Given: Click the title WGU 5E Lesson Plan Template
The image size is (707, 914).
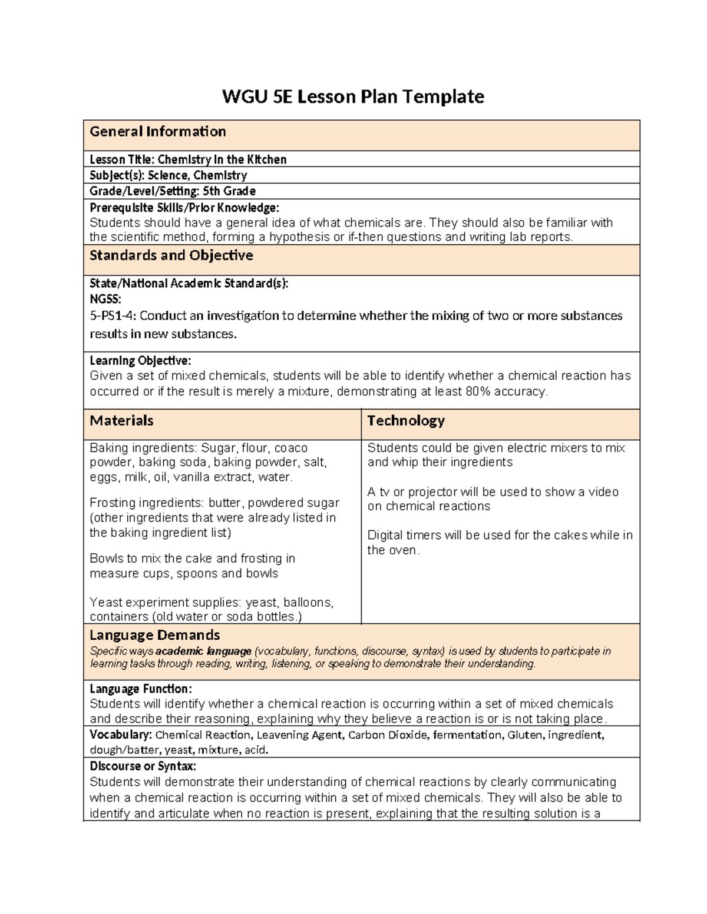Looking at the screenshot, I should (x=352, y=96).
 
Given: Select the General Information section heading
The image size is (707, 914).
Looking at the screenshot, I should (x=157, y=132).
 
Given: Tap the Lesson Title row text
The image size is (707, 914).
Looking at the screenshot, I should (x=188, y=159).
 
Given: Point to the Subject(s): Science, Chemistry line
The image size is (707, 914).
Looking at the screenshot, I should (x=168, y=175).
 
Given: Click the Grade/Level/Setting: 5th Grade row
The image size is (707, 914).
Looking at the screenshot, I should (x=172, y=191).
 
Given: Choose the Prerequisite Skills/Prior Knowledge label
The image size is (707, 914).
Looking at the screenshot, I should (x=184, y=208).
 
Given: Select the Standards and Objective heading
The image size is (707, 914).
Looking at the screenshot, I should (x=171, y=255).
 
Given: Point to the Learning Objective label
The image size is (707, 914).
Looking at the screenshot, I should (x=140, y=361).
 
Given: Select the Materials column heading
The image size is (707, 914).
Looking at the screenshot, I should (x=121, y=421).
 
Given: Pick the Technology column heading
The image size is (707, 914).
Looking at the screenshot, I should (x=406, y=421).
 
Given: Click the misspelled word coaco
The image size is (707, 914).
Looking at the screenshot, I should (x=291, y=448).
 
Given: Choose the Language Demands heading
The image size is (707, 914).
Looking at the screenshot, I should (x=154, y=635).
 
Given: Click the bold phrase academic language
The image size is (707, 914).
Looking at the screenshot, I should (x=203, y=652).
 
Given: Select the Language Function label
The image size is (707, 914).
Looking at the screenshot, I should (x=140, y=689).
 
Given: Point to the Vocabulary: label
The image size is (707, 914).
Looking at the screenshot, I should (x=121, y=735).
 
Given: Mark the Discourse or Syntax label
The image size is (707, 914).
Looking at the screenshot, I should (x=143, y=767).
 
